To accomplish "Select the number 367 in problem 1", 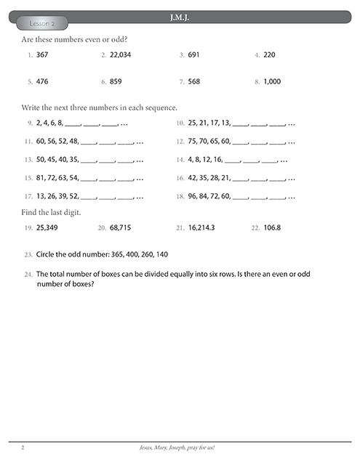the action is [x=43, y=54].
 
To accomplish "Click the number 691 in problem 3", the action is [x=193, y=54].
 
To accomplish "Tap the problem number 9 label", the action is [x=29, y=124].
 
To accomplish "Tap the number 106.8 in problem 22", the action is [x=276, y=228].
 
